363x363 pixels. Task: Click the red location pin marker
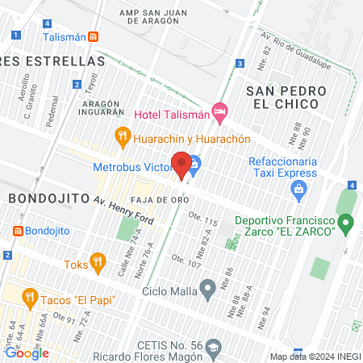coord(181,164)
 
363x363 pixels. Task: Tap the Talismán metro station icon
coord(94,37)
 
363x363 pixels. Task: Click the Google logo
coord(27,353)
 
